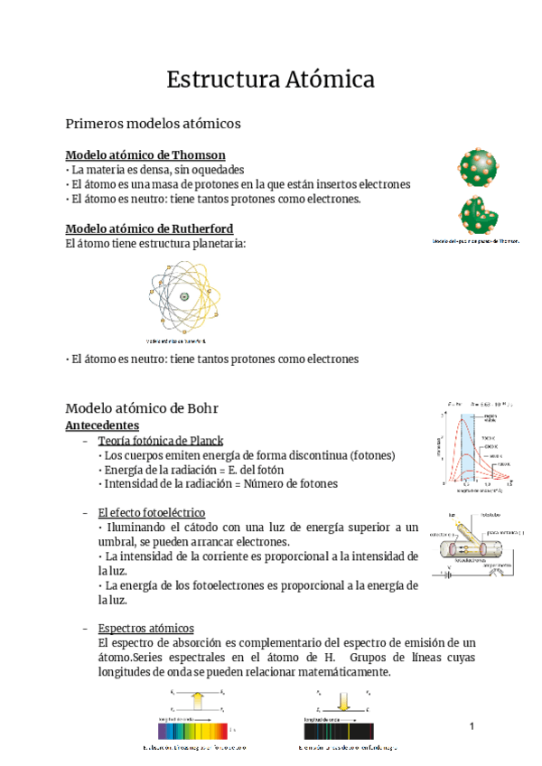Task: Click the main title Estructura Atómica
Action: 270,79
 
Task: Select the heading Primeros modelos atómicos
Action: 154,124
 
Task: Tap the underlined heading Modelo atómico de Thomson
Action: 145,154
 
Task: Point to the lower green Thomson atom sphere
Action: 477,215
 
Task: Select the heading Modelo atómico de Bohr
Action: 142,408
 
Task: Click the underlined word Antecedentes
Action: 102,424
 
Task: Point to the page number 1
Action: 472,727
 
